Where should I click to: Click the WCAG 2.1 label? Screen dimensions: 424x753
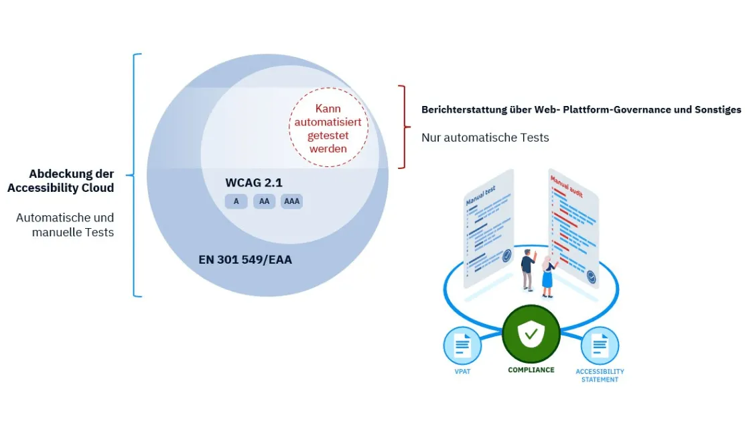point(255,182)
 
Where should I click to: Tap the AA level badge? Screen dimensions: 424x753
point(264,201)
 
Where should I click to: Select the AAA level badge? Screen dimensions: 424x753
point(291,201)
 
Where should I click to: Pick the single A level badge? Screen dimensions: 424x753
point(236,201)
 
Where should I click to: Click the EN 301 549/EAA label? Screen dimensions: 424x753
point(245,259)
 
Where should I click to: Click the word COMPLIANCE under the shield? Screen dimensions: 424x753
point(531,370)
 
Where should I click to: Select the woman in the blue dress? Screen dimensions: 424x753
point(547,276)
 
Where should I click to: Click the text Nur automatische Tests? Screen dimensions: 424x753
point(485,138)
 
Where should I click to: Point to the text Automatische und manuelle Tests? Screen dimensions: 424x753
point(65,225)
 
